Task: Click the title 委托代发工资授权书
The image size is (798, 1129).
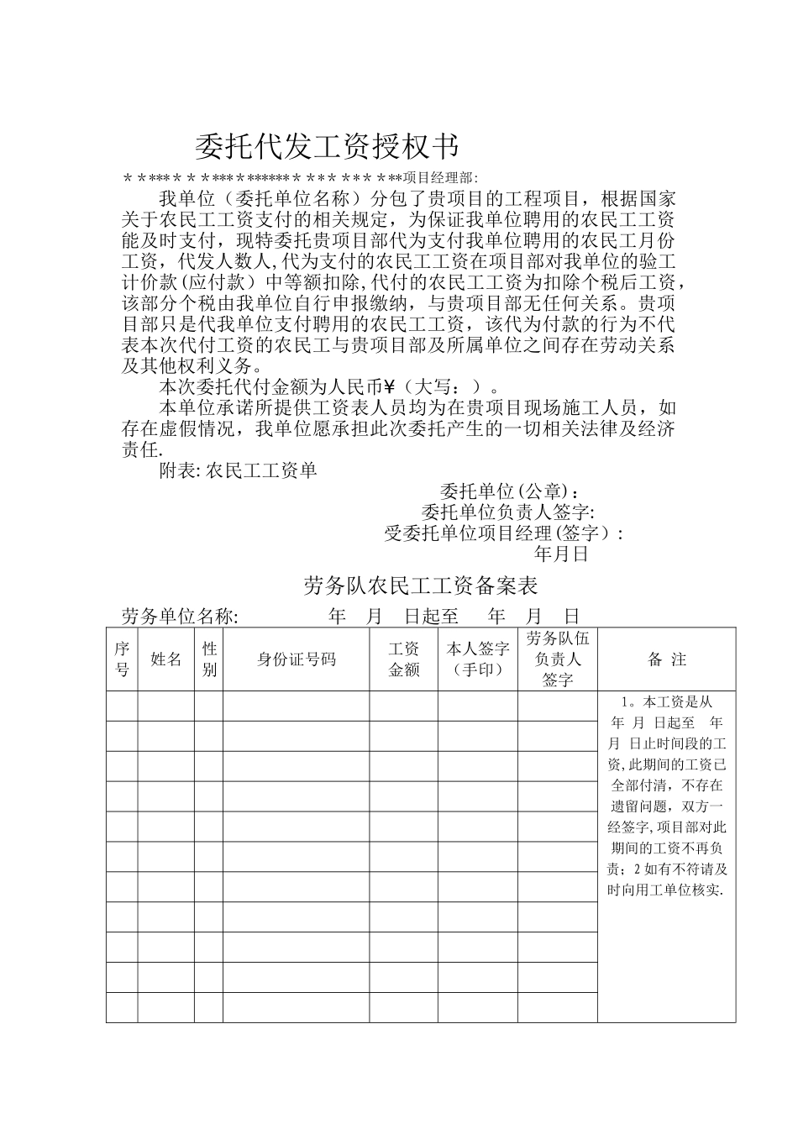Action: click(328, 147)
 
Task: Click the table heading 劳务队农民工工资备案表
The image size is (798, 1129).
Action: click(421, 586)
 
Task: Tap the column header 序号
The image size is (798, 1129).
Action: click(122, 659)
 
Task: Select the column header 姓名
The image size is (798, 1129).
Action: click(166, 659)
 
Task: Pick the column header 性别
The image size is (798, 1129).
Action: click(209, 659)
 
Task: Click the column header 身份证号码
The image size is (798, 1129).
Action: click(296, 659)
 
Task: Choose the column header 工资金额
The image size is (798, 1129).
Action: click(403, 659)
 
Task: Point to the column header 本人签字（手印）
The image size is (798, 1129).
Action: click(477, 659)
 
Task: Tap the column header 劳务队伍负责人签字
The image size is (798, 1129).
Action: click(557, 659)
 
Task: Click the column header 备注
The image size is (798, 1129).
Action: click(667, 660)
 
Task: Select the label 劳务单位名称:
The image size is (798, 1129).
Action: click(181, 617)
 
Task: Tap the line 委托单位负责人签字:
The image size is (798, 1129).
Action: click(508, 512)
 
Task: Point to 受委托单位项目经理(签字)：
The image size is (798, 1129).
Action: click(504, 533)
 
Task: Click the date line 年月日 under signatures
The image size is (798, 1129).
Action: click(562, 554)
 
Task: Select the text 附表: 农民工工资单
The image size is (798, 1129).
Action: click(239, 470)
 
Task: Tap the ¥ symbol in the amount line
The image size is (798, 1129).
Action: click(389, 386)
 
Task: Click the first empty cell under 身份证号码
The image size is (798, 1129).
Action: click(296, 706)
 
